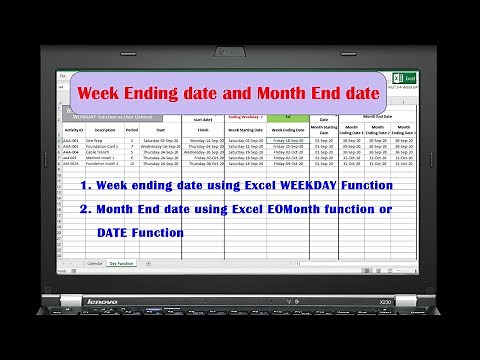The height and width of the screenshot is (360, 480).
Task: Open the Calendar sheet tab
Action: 95,263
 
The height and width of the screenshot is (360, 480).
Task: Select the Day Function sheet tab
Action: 122,263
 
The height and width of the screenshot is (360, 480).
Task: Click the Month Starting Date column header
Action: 324,128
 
